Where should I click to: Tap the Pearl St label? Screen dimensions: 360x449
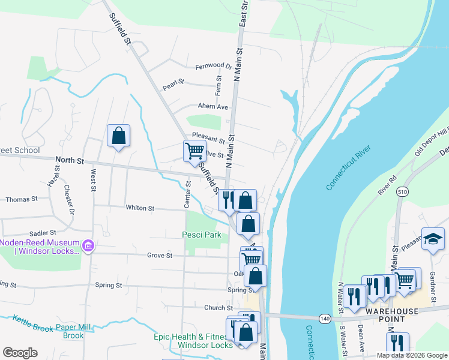click(x=172, y=87)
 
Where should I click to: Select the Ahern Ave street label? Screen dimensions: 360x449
click(x=214, y=107)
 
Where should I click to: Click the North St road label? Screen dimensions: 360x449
click(x=70, y=161)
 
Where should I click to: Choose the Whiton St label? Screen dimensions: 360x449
click(x=140, y=208)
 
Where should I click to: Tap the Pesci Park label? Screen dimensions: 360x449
click(x=202, y=235)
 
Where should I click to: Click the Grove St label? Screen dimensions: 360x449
click(x=160, y=255)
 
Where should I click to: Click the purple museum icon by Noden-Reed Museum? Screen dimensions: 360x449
click(x=88, y=245)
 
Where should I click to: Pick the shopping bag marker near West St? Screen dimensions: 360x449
click(x=118, y=136)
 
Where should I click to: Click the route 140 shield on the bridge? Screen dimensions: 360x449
click(x=325, y=317)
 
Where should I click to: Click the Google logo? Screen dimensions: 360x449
click(x=20, y=353)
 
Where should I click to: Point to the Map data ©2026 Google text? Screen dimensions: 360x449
click(x=411, y=355)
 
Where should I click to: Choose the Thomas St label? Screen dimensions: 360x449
click(x=22, y=199)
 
